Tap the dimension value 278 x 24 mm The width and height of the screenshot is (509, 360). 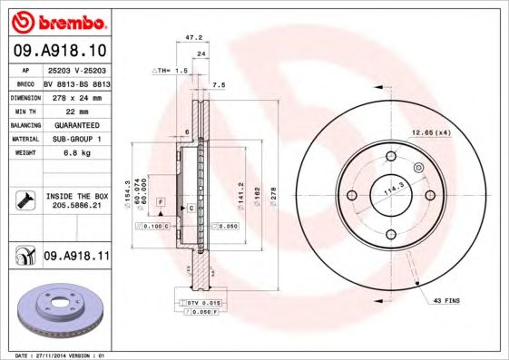pos(75,95)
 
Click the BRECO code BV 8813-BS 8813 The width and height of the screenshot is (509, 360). pos(75,82)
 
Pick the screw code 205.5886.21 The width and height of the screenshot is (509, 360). pos(75,206)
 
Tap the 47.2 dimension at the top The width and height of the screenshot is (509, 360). pos(192,38)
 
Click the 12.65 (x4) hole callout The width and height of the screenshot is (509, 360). pos(430,133)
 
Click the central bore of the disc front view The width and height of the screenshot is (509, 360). pos(392,195)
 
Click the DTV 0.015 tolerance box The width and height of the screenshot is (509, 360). pos(201,302)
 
